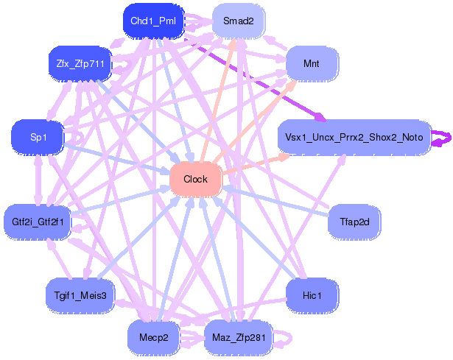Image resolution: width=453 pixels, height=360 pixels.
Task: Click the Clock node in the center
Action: [195, 179]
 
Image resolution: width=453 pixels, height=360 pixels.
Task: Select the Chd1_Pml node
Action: [152, 21]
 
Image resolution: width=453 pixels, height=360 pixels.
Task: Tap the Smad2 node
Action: [238, 21]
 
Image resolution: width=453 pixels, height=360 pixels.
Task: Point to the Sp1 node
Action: [38, 137]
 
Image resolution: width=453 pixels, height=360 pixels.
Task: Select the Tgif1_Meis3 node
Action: [80, 295]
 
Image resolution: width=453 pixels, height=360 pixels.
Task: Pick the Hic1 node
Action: [312, 295]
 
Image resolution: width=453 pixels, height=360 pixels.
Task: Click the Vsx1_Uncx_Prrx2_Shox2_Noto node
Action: [354, 137]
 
